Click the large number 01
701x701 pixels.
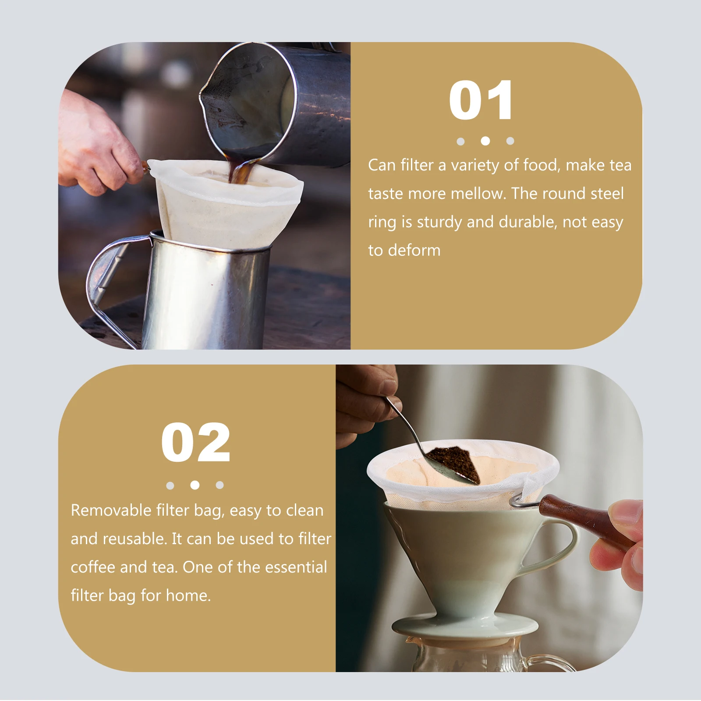[x=481, y=100]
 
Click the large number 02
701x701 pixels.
[x=195, y=443]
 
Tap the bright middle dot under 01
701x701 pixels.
[x=485, y=141]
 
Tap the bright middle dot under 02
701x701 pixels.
[x=195, y=485]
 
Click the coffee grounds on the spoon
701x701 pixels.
[x=456, y=462]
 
